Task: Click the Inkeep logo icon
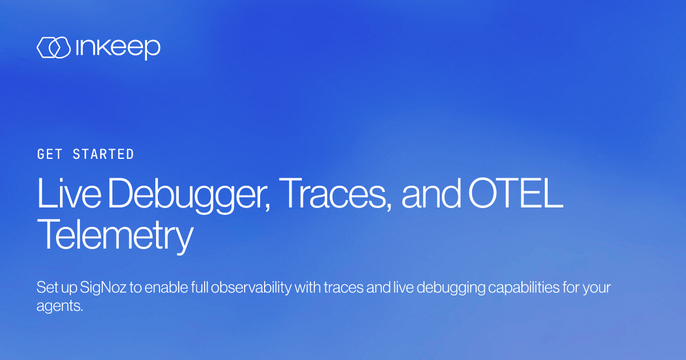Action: (x=53, y=48)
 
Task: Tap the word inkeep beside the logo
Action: (x=117, y=49)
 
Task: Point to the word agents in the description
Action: (x=59, y=306)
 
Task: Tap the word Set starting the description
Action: (x=46, y=287)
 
